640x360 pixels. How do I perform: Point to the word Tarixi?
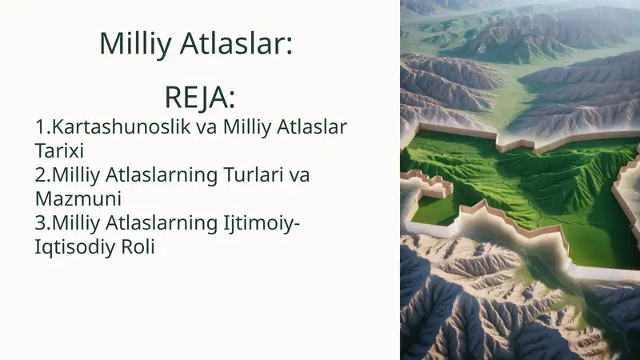[x=59, y=150]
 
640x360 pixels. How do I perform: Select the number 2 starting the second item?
[x=40, y=174]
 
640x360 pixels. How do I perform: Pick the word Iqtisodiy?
[x=75, y=246]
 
